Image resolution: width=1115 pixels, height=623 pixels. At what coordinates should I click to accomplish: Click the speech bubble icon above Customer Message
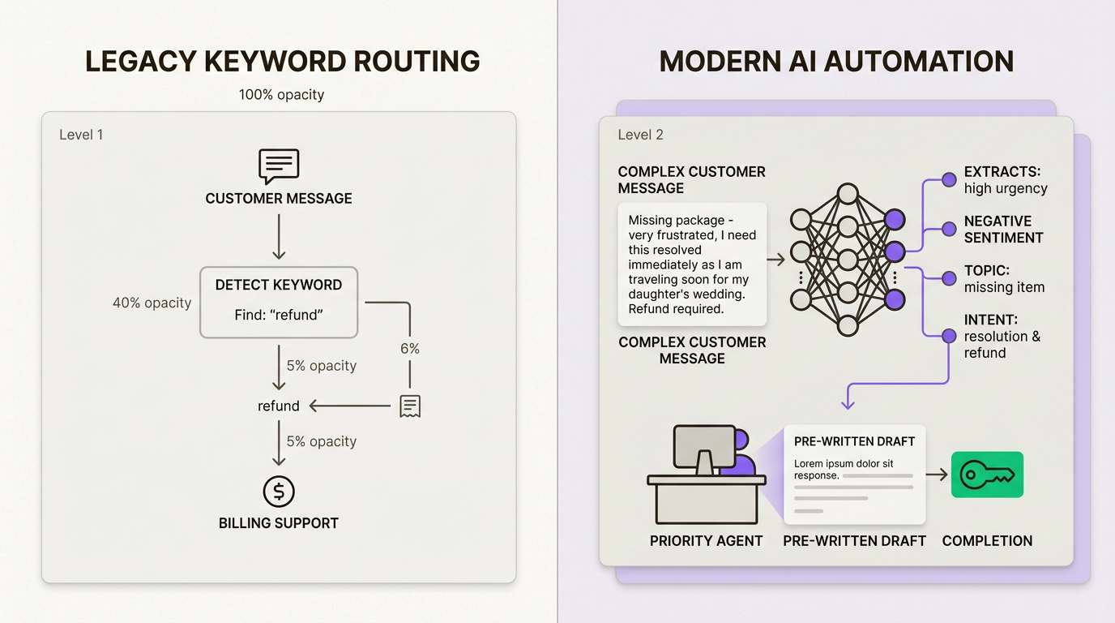[x=279, y=166]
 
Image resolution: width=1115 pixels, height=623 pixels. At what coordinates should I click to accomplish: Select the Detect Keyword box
[x=279, y=302]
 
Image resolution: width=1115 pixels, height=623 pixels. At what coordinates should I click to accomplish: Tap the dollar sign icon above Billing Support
[x=279, y=492]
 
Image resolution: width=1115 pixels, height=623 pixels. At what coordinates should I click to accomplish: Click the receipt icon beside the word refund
[x=410, y=406]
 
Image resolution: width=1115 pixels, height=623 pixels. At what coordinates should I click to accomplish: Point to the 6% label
[x=410, y=349]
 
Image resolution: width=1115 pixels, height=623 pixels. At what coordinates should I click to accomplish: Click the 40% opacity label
[x=152, y=303]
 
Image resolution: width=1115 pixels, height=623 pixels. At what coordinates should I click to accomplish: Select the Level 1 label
[x=81, y=135]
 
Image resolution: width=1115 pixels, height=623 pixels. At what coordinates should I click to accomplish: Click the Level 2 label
[x=640, y=135]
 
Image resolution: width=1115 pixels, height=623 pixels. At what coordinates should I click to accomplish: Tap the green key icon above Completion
[x=987, y=475]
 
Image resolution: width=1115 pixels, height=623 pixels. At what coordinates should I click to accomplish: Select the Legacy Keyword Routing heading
[x=282, y=62]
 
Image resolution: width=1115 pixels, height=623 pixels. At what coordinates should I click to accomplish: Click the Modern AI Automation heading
[x=836, y=62]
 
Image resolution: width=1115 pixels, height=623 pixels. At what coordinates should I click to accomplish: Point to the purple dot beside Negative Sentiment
[x=949, y=230]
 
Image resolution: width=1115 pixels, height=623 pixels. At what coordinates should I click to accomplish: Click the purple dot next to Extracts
[x=949, y=180]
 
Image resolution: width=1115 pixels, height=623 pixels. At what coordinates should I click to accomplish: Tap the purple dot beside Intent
[x=949, y=336]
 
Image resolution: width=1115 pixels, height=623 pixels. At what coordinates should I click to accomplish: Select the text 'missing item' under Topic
[x=1004, y=287]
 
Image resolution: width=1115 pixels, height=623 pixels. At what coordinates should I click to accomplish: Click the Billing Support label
[x=279, y=523]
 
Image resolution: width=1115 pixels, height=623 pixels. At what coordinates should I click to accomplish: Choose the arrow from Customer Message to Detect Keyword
[x=279, y=236]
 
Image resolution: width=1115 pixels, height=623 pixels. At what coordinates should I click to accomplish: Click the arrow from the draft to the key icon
[x=937, y=475]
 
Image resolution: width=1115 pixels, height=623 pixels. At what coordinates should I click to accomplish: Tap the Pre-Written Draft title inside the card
[x=854, y=441]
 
